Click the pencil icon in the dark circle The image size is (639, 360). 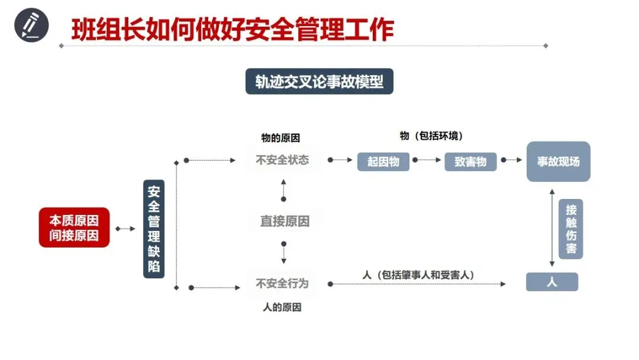click(x=31, y=27)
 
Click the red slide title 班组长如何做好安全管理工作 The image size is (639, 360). click(x=233, y=30)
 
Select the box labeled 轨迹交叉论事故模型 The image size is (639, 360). click(x=319, y=82)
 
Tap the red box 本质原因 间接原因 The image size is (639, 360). click(x=75, y=227)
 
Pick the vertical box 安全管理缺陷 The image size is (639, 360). click(x=154, y=229)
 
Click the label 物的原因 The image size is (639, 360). click(x=281, y=138)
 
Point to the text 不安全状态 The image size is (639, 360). click(x=282, y=160)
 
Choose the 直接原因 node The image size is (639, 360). click(x=285, y=221)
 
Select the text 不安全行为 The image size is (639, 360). click(x=282, y=284)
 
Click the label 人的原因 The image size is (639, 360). click(x=282, y=307)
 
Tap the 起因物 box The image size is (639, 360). click(x=383, y=162)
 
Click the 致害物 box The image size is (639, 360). click(x=470, y=162)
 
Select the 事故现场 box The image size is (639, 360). click(x=558, y=161)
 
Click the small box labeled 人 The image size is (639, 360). click(x=551, y=282)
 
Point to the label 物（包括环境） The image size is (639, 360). click(x=431, y=136)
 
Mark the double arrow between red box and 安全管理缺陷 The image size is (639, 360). click(x=125, y=229)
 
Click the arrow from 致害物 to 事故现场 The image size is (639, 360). click(x=512, y=160)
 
